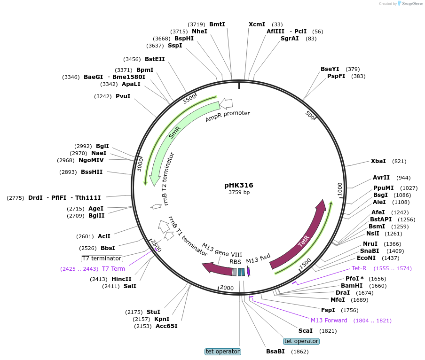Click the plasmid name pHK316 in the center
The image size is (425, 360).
(x=239, y=185)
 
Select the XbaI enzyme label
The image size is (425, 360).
(x=378, y=161)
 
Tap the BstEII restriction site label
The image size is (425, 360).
(x=155, y=59)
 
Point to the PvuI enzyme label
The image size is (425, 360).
(x=123, y=96)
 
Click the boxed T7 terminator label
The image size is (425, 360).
(x=102, y=258)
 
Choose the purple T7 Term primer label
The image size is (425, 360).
(x=113, y=269)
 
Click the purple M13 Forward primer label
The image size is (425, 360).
(x=329, y=321)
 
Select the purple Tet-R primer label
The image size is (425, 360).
(x=359, y=268)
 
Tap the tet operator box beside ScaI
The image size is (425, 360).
(x=301, y=341)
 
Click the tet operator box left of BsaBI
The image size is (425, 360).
(x=223, y=352)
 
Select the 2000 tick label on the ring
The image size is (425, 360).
(x=227, y=288)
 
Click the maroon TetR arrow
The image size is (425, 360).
(x=301, y=240)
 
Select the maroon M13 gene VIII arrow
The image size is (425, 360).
(x=217, y=269)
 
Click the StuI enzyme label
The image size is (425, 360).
(x=153, y=312)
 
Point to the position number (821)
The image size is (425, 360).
(x=399, y=161)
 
